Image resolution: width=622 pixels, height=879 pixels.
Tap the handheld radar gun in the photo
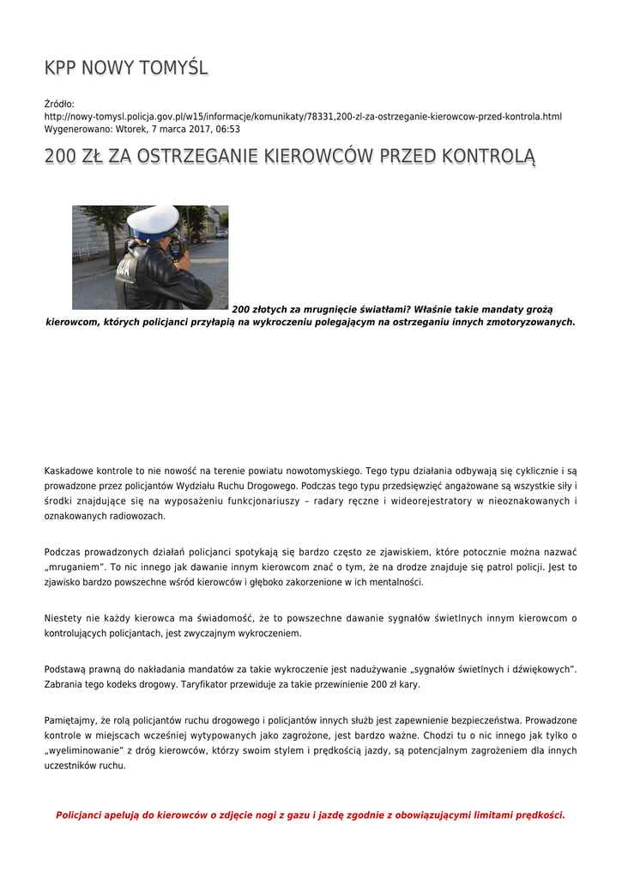pos(176,247)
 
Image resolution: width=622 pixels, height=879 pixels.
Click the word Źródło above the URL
pos(59,104)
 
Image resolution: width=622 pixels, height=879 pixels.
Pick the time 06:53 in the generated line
pos(228,130)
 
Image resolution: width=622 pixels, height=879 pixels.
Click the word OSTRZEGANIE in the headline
pos(182,157)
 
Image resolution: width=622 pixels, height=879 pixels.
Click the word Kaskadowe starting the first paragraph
pos(70,471)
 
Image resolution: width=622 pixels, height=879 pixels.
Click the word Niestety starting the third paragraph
pos(63,618)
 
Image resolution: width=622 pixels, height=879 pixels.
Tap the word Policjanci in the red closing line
pos(82,815)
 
